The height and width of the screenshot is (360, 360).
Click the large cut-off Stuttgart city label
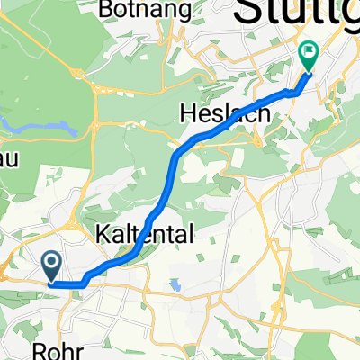click(297, 16)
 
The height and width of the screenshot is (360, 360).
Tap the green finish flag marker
click(308, 57)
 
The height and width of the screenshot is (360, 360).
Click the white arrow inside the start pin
click(51, 264)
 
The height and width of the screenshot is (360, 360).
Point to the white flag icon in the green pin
click(308, 53)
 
